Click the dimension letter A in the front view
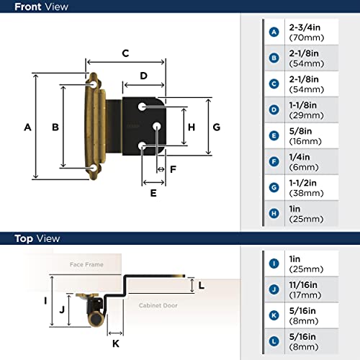27,127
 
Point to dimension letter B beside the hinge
55,127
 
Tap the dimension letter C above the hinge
125,53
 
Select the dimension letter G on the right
216,127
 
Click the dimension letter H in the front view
191,127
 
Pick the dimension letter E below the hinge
153,193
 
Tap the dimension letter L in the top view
202,285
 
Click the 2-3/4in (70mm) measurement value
304,32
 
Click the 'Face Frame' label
86,265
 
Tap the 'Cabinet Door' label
158,305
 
